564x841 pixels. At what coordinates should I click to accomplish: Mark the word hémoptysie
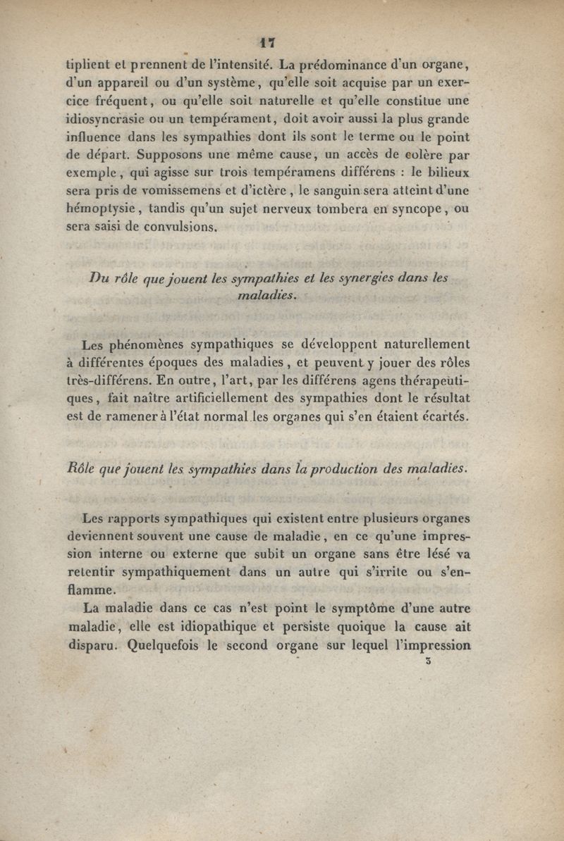click(x=103, y=209)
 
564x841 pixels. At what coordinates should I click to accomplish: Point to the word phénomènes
click(x=147, y=345)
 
